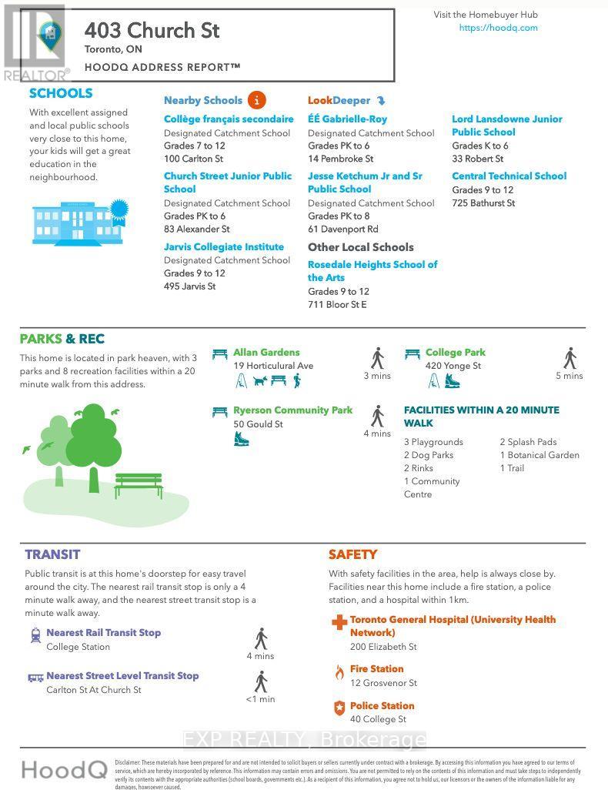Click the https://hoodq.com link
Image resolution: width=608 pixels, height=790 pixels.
point(498,28)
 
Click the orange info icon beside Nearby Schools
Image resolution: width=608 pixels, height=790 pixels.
point(257,100)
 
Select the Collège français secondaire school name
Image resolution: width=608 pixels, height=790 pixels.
point(229,119)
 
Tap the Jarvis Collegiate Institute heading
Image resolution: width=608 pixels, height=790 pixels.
point(224,247)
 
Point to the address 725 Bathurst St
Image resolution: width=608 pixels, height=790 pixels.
point(483,203)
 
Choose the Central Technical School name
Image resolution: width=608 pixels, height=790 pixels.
point(509,176)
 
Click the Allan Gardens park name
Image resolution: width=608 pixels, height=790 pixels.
point(266,353)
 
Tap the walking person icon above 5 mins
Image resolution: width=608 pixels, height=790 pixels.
point(570,358)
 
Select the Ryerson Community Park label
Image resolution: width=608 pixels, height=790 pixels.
point(292,410)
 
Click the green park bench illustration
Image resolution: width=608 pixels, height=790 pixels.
point(139,486)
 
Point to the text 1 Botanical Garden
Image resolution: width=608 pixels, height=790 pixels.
point(540,455)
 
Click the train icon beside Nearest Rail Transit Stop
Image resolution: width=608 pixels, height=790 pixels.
point(35,635)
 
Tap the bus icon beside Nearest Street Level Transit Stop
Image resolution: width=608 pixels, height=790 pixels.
point(35,678)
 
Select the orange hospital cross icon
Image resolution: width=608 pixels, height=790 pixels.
point(339,622)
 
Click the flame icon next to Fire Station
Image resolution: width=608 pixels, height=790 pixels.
point(339,671)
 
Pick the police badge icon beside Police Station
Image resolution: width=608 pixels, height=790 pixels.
point(339,708)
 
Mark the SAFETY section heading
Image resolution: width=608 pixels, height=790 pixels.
point(352,554)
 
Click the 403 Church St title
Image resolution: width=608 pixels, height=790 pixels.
point(152,31)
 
